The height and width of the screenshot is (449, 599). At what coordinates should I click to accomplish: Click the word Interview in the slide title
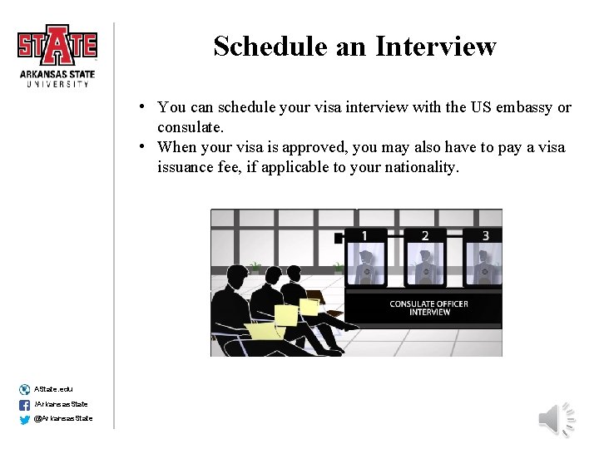click(x=435, y=47)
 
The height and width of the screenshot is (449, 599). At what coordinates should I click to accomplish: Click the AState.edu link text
click(x=53, y=389)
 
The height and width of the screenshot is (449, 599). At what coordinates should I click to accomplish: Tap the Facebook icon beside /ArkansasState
click(x=24, y=405)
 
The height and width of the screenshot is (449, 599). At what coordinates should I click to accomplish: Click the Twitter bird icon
click(x=24, y=419)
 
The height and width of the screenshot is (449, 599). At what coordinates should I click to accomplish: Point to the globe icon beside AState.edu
click(x=24, y=389)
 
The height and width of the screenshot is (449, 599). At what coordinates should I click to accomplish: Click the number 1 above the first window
click(x=364, y=236)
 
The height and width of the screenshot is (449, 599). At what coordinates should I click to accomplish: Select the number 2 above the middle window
click(x=425, y=236)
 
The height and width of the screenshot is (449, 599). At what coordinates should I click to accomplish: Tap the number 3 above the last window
click(x=486, y=236)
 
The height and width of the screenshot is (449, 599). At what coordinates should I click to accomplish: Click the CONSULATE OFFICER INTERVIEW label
click(x=428, y=308)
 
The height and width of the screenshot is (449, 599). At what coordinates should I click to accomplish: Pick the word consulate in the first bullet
click(x=189, y=127)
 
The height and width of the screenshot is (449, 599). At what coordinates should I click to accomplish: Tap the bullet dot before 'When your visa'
click(x=144, y=146)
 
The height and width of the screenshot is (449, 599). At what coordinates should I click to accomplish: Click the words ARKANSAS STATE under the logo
click(x=57, y=73)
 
